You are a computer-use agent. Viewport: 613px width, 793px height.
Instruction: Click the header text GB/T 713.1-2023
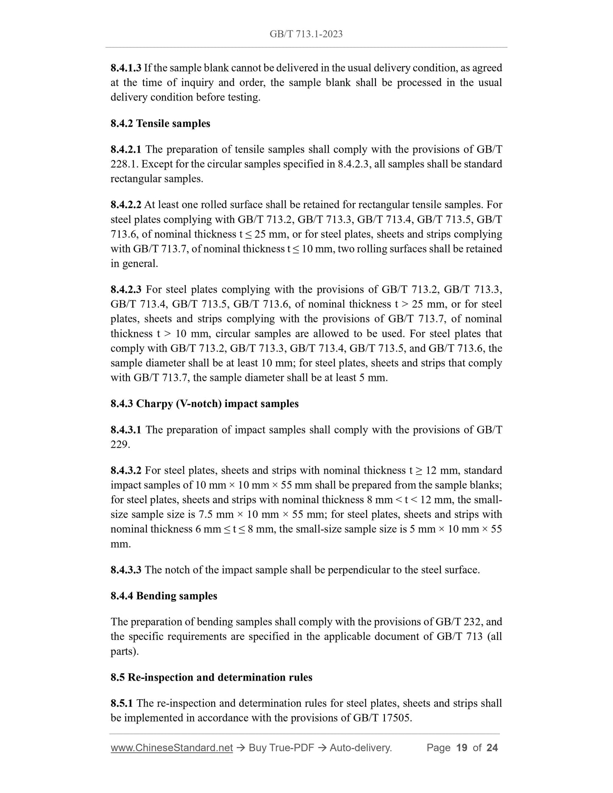point(306,34)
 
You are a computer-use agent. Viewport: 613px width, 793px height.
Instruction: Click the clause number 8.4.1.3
point(126,68)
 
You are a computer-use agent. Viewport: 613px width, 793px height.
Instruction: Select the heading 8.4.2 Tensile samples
point(160,123)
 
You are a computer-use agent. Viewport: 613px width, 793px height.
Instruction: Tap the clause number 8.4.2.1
point(126,149)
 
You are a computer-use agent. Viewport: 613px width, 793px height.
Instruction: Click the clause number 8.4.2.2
point(126,205)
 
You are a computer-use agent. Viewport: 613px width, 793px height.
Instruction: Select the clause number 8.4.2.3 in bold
point(126,290)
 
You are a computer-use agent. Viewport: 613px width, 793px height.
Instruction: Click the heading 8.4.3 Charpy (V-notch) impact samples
point(204,404)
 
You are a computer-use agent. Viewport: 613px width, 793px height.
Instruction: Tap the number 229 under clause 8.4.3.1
point(119,444)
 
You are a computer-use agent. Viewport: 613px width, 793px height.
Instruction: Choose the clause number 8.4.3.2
point(126,470)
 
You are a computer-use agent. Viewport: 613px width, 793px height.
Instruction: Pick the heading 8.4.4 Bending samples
point(164,596)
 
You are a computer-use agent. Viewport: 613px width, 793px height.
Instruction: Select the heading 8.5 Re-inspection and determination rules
point(211,677)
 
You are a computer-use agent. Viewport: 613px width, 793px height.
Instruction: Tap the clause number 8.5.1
point(122,703)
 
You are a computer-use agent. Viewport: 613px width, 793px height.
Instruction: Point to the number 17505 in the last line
point(396,718)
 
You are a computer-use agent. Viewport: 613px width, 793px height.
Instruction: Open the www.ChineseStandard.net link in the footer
point(171,748)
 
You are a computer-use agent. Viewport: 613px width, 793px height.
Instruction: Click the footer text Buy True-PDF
point(281,748)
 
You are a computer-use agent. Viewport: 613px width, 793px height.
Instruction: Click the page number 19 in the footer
point(461,748)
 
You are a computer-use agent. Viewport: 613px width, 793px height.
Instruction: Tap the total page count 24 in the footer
point(492,748)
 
